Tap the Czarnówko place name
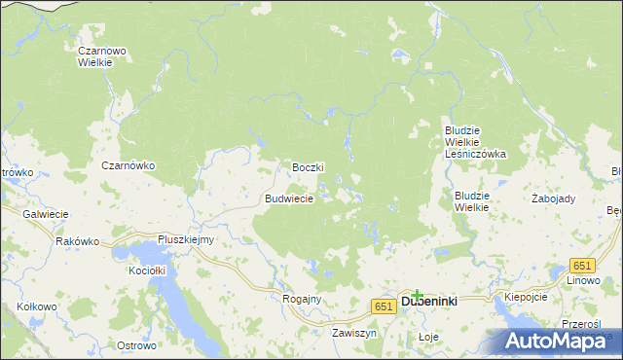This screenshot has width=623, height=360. (128, 165)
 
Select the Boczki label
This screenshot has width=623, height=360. (308, 167)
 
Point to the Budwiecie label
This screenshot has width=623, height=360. (289, 198)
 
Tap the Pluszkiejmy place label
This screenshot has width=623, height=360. (186, 239)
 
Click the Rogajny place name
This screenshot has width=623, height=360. (301, 299)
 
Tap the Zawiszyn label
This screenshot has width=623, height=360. (353, 332)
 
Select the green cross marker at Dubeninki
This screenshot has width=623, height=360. (417, 294)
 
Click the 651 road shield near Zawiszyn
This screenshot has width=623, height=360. (383, 306)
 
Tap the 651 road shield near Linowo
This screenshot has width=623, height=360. (582, 266)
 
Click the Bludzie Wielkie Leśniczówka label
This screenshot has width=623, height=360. (475, 141)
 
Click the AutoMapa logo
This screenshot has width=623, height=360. (563, 341)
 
